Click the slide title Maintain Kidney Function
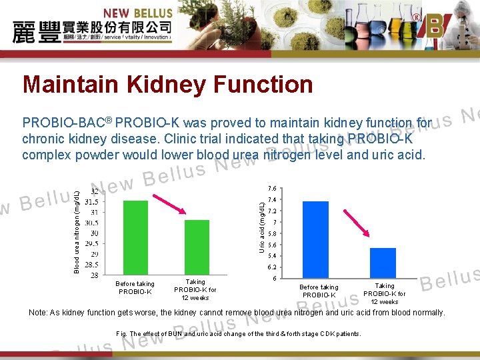[x=167, y=85]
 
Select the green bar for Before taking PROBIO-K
[x=135, y=237]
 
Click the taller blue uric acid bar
[x=315, y=239]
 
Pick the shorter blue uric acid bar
[x=383, y=263]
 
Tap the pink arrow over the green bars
[x=169, y=201]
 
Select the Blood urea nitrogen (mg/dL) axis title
[x=77, y=231]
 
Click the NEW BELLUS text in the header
[x=138, y=13]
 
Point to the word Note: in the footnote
[x=38, y=313]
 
